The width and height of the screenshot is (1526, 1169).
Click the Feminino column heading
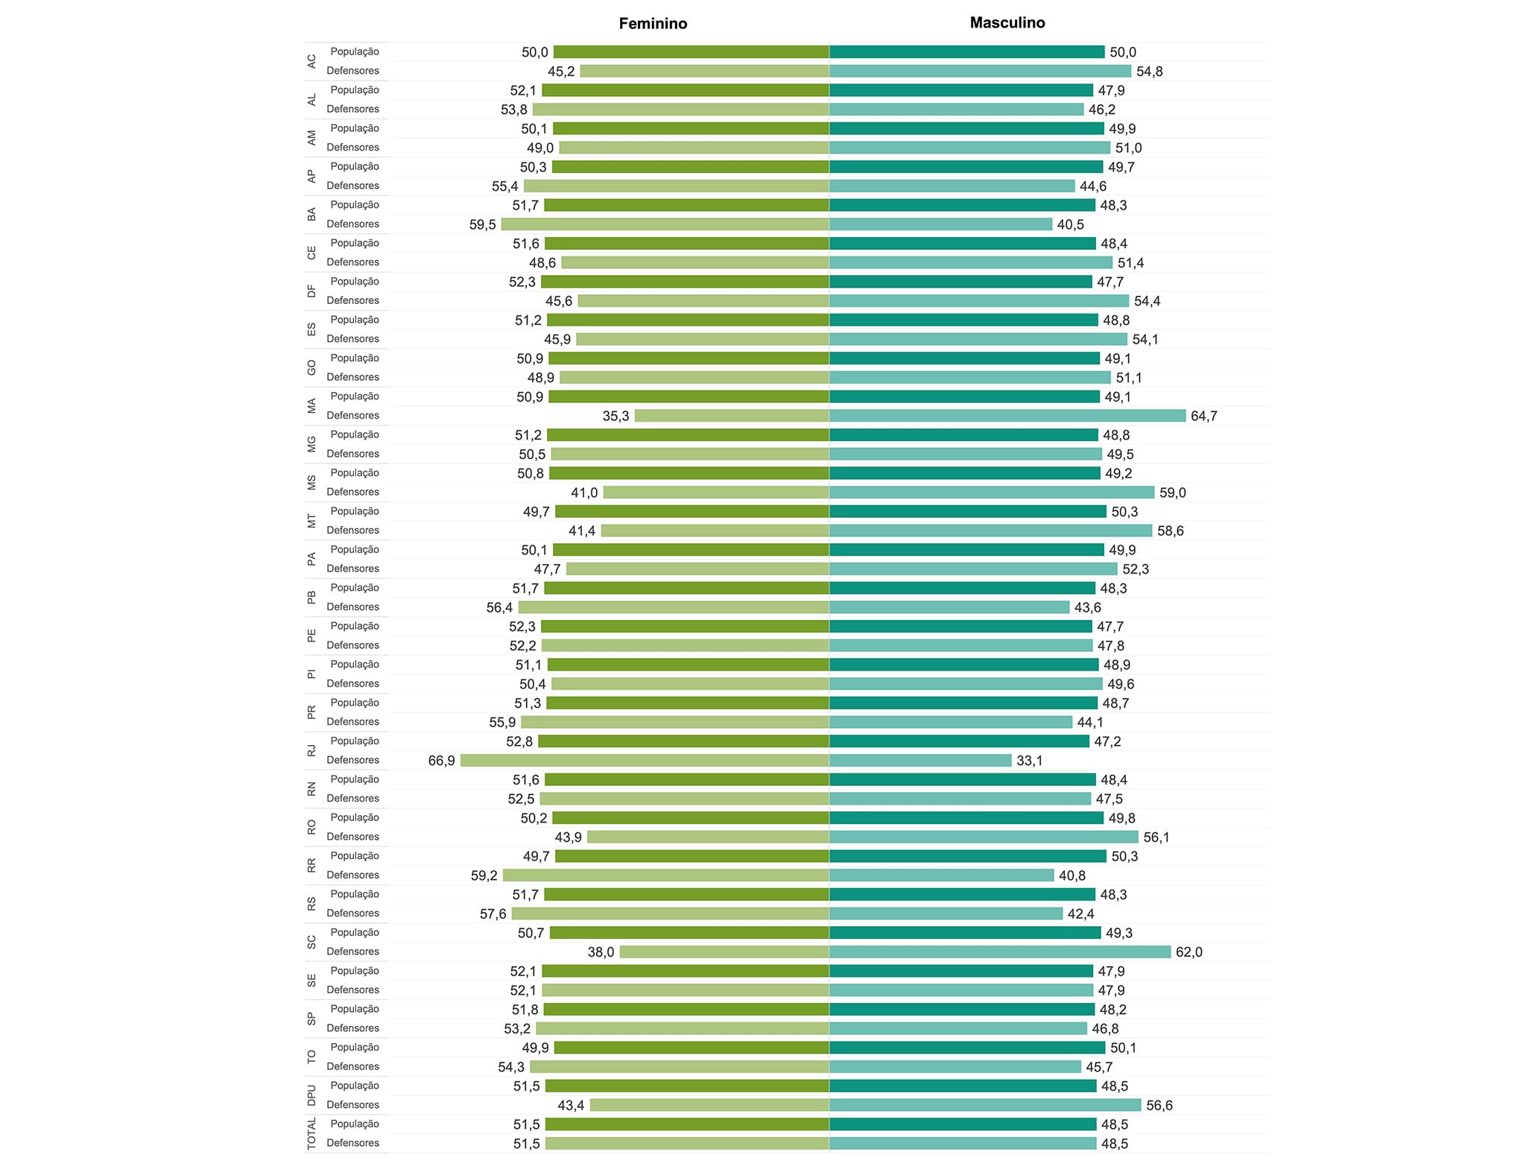pos(653,24)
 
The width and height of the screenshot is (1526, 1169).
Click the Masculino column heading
pos(1007,23)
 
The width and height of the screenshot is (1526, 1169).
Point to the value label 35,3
pos(615,416)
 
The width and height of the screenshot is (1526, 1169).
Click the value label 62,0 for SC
pos(1188,952)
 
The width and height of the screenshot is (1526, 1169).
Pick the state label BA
pos(311,215)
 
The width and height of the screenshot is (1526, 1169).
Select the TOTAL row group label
pos(311,1133)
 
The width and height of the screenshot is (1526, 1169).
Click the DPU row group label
pos(311,1095)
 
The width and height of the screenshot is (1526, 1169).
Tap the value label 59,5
pos(482,224)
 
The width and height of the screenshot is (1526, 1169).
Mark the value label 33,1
pos(1029,761)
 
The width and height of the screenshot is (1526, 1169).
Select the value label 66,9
pos(441,761)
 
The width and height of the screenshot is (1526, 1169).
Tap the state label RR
pos(311,866)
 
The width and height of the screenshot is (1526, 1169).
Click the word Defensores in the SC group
pos(352,951)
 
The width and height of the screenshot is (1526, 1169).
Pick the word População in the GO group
pos(355,358)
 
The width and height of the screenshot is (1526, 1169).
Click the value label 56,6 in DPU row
pos(1159,1106)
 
